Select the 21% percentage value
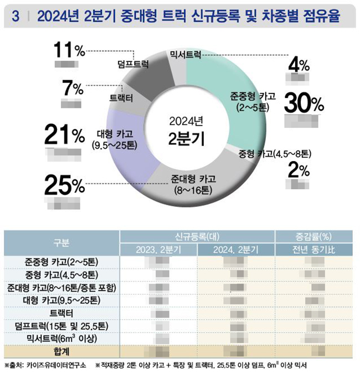tap(64, 134)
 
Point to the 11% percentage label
tap(69, 51)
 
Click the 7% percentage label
tap(72, 88)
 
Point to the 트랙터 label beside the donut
tap(121, 98)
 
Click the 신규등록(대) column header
tap(197, 236)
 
